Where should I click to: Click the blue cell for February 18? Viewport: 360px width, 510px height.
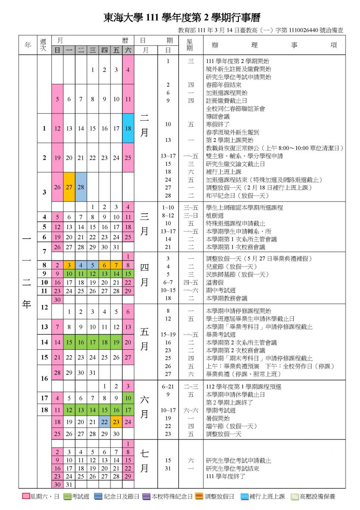(x=128, y=128)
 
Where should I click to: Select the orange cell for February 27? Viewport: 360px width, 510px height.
(x=69, y=187)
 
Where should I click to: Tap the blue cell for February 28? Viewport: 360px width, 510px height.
(x=81, y=187)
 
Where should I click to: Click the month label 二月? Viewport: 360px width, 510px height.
(x=145, y=127)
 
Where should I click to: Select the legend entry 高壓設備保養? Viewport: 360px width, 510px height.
(x=314, y=496)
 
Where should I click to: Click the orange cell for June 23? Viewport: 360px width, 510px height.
(x=116, y=422)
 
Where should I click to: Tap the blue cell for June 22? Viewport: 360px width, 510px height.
(x=105, y=422)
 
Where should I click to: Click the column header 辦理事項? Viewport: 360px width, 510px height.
(x=274, y=45)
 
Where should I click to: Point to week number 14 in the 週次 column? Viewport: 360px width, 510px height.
(x=44, y=342)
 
